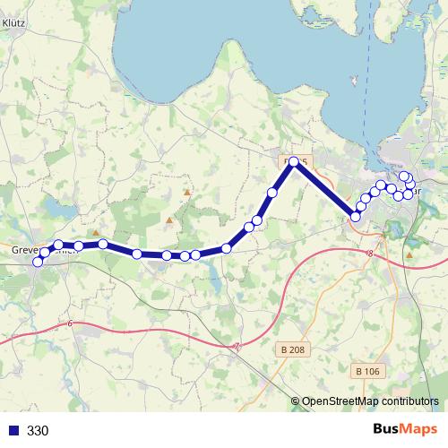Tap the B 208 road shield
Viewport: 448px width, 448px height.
pyautogui.click(x=292, y=350)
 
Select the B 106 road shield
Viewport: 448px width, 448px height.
pyautogui.click(x=367, y=370)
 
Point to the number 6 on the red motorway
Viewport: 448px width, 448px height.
pyautogui.click(x=70, y=323)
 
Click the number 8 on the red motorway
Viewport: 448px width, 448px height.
pyautogui.click(x=369, y=254)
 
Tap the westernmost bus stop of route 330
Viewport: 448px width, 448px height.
pyautogui.click(x=38, y=262)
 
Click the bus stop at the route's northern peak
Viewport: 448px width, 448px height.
pyautogui.click(x=293, y=161)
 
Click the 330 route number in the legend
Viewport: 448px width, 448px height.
pyautogui.click(x=39, y=431)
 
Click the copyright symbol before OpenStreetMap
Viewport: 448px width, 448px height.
pyautogui.click(x=296, y=401)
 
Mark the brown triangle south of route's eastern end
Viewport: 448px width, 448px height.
pyautogui.click(x=409, y=254)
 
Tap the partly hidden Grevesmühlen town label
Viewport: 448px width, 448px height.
pyautogui.click(x=36, y=250)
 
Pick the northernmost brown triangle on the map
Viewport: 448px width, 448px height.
pyautogui.click(x=186, y=192)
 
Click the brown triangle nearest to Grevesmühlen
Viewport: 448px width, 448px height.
pyautogui.click(x=96, y=231)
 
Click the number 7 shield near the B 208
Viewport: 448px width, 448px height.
pyautogui.click(x=237, y=348)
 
